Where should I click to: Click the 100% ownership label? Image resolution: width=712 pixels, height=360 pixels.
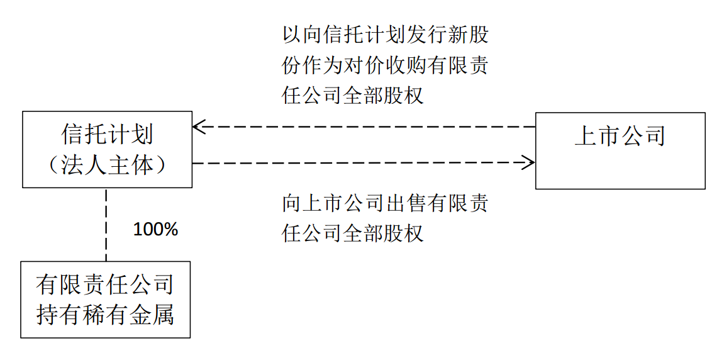[x=155, y=230]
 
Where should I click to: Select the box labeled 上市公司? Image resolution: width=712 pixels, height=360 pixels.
[x=620, y=150]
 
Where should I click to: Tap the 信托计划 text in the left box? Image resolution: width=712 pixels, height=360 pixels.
[x=107, y=135]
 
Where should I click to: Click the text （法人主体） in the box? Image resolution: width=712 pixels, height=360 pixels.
[x=107, y=165]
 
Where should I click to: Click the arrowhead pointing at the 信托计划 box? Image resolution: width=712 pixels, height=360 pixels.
[x=197, y=127]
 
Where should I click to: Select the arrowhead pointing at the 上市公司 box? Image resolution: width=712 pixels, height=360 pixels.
[x=530, y=163]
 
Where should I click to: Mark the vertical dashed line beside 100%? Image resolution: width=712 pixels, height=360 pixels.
[x=106, y=224]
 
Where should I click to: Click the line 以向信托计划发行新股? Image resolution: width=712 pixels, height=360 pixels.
[x=385, y=35]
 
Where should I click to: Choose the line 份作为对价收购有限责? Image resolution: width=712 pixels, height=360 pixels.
[x=385, y=65]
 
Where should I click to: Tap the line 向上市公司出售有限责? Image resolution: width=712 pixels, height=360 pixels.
[x=385, y=203]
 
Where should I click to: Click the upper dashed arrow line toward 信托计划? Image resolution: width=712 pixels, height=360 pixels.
[x=365, y=127]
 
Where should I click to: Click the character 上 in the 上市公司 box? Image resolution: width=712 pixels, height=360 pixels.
[x=586, y=137]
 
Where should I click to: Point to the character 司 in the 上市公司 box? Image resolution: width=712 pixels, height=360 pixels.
[x=654, y=137]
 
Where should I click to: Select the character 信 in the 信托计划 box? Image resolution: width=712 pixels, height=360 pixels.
[x=72, y=135]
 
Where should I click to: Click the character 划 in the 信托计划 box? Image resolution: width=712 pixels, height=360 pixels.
[x=142, y=135]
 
